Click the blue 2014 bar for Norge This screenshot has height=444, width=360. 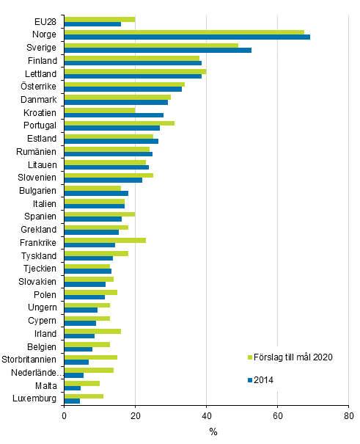187,37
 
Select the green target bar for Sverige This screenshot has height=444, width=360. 151,45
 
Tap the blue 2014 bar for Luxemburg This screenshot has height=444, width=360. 72,401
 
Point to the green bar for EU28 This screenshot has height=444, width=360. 100,19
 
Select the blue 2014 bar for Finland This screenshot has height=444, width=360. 133,63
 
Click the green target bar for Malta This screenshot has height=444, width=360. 82,383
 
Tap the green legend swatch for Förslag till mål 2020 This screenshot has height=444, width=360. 249,357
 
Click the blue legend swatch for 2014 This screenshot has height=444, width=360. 249,379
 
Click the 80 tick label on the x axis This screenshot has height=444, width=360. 348,416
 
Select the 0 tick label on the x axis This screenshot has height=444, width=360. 65,416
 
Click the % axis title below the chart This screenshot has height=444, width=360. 213,432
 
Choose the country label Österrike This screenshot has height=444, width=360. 37,87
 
